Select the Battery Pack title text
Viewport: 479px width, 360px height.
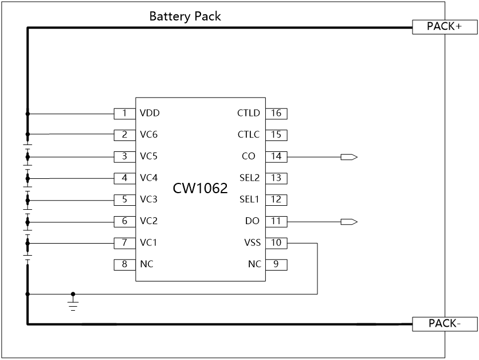pos(185,16)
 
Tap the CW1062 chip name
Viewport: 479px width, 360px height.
pos(201,188)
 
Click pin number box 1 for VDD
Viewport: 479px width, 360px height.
pos(124,113)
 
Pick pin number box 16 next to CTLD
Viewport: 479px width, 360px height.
pos(276,113)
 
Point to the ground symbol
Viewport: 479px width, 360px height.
pos(73,303)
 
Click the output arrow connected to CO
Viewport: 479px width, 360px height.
pos(349,156)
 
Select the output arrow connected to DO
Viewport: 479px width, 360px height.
pos(349,221)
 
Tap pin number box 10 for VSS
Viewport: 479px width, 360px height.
pos(276,243)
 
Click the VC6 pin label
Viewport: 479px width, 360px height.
pos(148,135)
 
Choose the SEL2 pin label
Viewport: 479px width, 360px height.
pos(249,178)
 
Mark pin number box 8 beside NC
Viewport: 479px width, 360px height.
pos(124,265)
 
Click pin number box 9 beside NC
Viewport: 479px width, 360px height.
pos(276,265)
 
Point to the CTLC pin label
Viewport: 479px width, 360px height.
pos(249,135)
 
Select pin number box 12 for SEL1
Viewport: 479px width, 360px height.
pos(276,199)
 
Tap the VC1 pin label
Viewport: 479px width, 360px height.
pos(148,243)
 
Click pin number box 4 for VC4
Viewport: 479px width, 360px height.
pos(124,178)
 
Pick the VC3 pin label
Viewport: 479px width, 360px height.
pos(148,199)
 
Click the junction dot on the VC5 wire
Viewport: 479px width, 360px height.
pos(28,156)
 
